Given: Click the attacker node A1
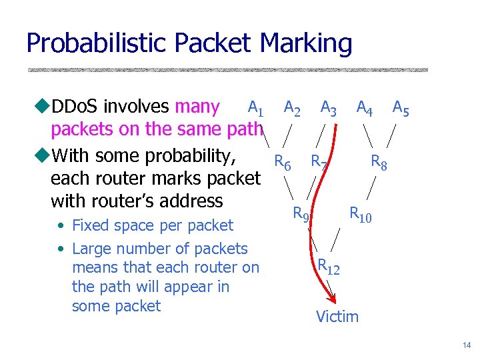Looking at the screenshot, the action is coord(255,107).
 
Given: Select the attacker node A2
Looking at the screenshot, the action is coord(292,107).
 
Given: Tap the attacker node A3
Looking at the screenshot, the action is coord(328,107).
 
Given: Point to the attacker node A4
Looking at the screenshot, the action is coord(365,107).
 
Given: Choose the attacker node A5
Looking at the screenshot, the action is coord(401,107).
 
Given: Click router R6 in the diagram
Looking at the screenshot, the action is coord(283,162).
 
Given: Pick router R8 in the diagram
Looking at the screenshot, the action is coord(379,162).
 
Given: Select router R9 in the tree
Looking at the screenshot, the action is coord(301,214).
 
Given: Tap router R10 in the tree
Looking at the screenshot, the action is coord(361,214).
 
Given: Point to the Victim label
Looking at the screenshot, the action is coord(337,317).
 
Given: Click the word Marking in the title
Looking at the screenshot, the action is coord(306,44).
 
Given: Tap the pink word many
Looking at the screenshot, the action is coord(197,107).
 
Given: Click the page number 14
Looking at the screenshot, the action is coord(466,345).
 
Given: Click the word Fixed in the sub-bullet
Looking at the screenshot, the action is coord(91,225).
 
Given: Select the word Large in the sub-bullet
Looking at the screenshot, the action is coord(92,249).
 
